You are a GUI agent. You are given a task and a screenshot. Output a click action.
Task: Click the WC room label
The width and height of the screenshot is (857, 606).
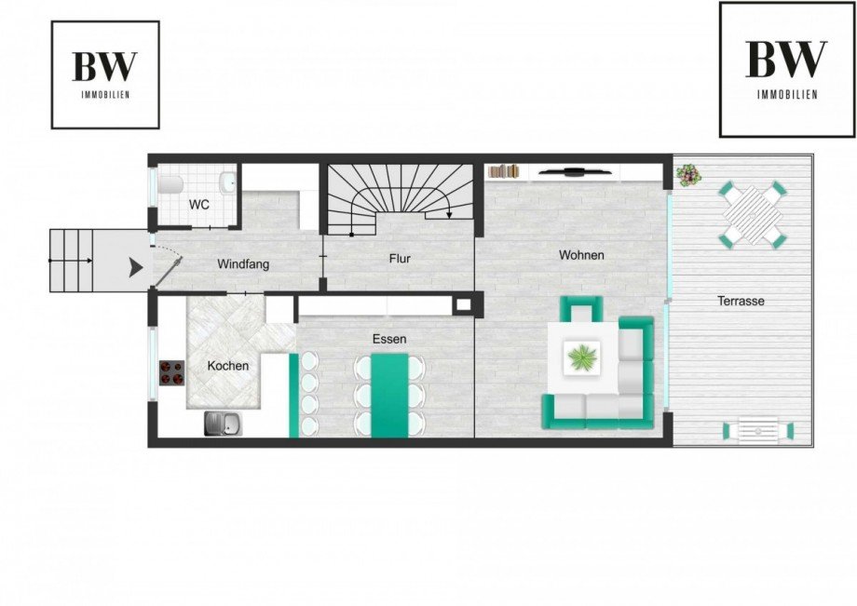point(199,206)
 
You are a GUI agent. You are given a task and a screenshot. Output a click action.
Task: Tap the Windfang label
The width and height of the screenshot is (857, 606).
point(243,264)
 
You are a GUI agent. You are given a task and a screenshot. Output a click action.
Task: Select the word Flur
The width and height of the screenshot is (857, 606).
point(400,259)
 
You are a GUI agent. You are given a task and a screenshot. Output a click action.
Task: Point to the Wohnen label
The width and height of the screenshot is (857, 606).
point(581,255)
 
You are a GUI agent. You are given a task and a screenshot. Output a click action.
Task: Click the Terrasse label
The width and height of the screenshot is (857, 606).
point(741,301)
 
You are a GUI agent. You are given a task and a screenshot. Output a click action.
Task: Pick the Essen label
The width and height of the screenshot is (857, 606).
point(389,339)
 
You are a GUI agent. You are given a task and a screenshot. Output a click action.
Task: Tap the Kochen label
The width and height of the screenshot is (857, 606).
point(228,366)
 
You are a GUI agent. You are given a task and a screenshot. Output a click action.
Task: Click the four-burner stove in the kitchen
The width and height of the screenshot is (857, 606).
point(171,373)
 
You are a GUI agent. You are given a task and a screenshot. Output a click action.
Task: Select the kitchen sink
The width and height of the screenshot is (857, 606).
point(222,424)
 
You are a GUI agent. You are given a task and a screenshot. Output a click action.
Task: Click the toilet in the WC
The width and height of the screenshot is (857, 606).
point(169,184)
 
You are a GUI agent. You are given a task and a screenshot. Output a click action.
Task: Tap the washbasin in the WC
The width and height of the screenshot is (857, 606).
point(228,182)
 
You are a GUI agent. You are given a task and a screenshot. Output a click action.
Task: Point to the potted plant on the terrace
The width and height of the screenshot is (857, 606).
point(688,175)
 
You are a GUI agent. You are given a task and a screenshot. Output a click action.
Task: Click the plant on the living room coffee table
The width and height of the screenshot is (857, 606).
point(582,358)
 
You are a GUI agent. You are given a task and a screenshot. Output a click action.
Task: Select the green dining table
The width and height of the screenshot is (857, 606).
point(389,396)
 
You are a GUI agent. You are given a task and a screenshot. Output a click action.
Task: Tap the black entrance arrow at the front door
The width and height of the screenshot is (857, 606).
point(136,267)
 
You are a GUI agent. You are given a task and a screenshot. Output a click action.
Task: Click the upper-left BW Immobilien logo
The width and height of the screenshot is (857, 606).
point(105,74)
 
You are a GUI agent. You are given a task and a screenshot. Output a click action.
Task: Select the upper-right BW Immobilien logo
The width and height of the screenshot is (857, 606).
point(787,69)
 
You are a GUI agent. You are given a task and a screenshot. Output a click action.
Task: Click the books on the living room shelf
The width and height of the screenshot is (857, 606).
point(504,171)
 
